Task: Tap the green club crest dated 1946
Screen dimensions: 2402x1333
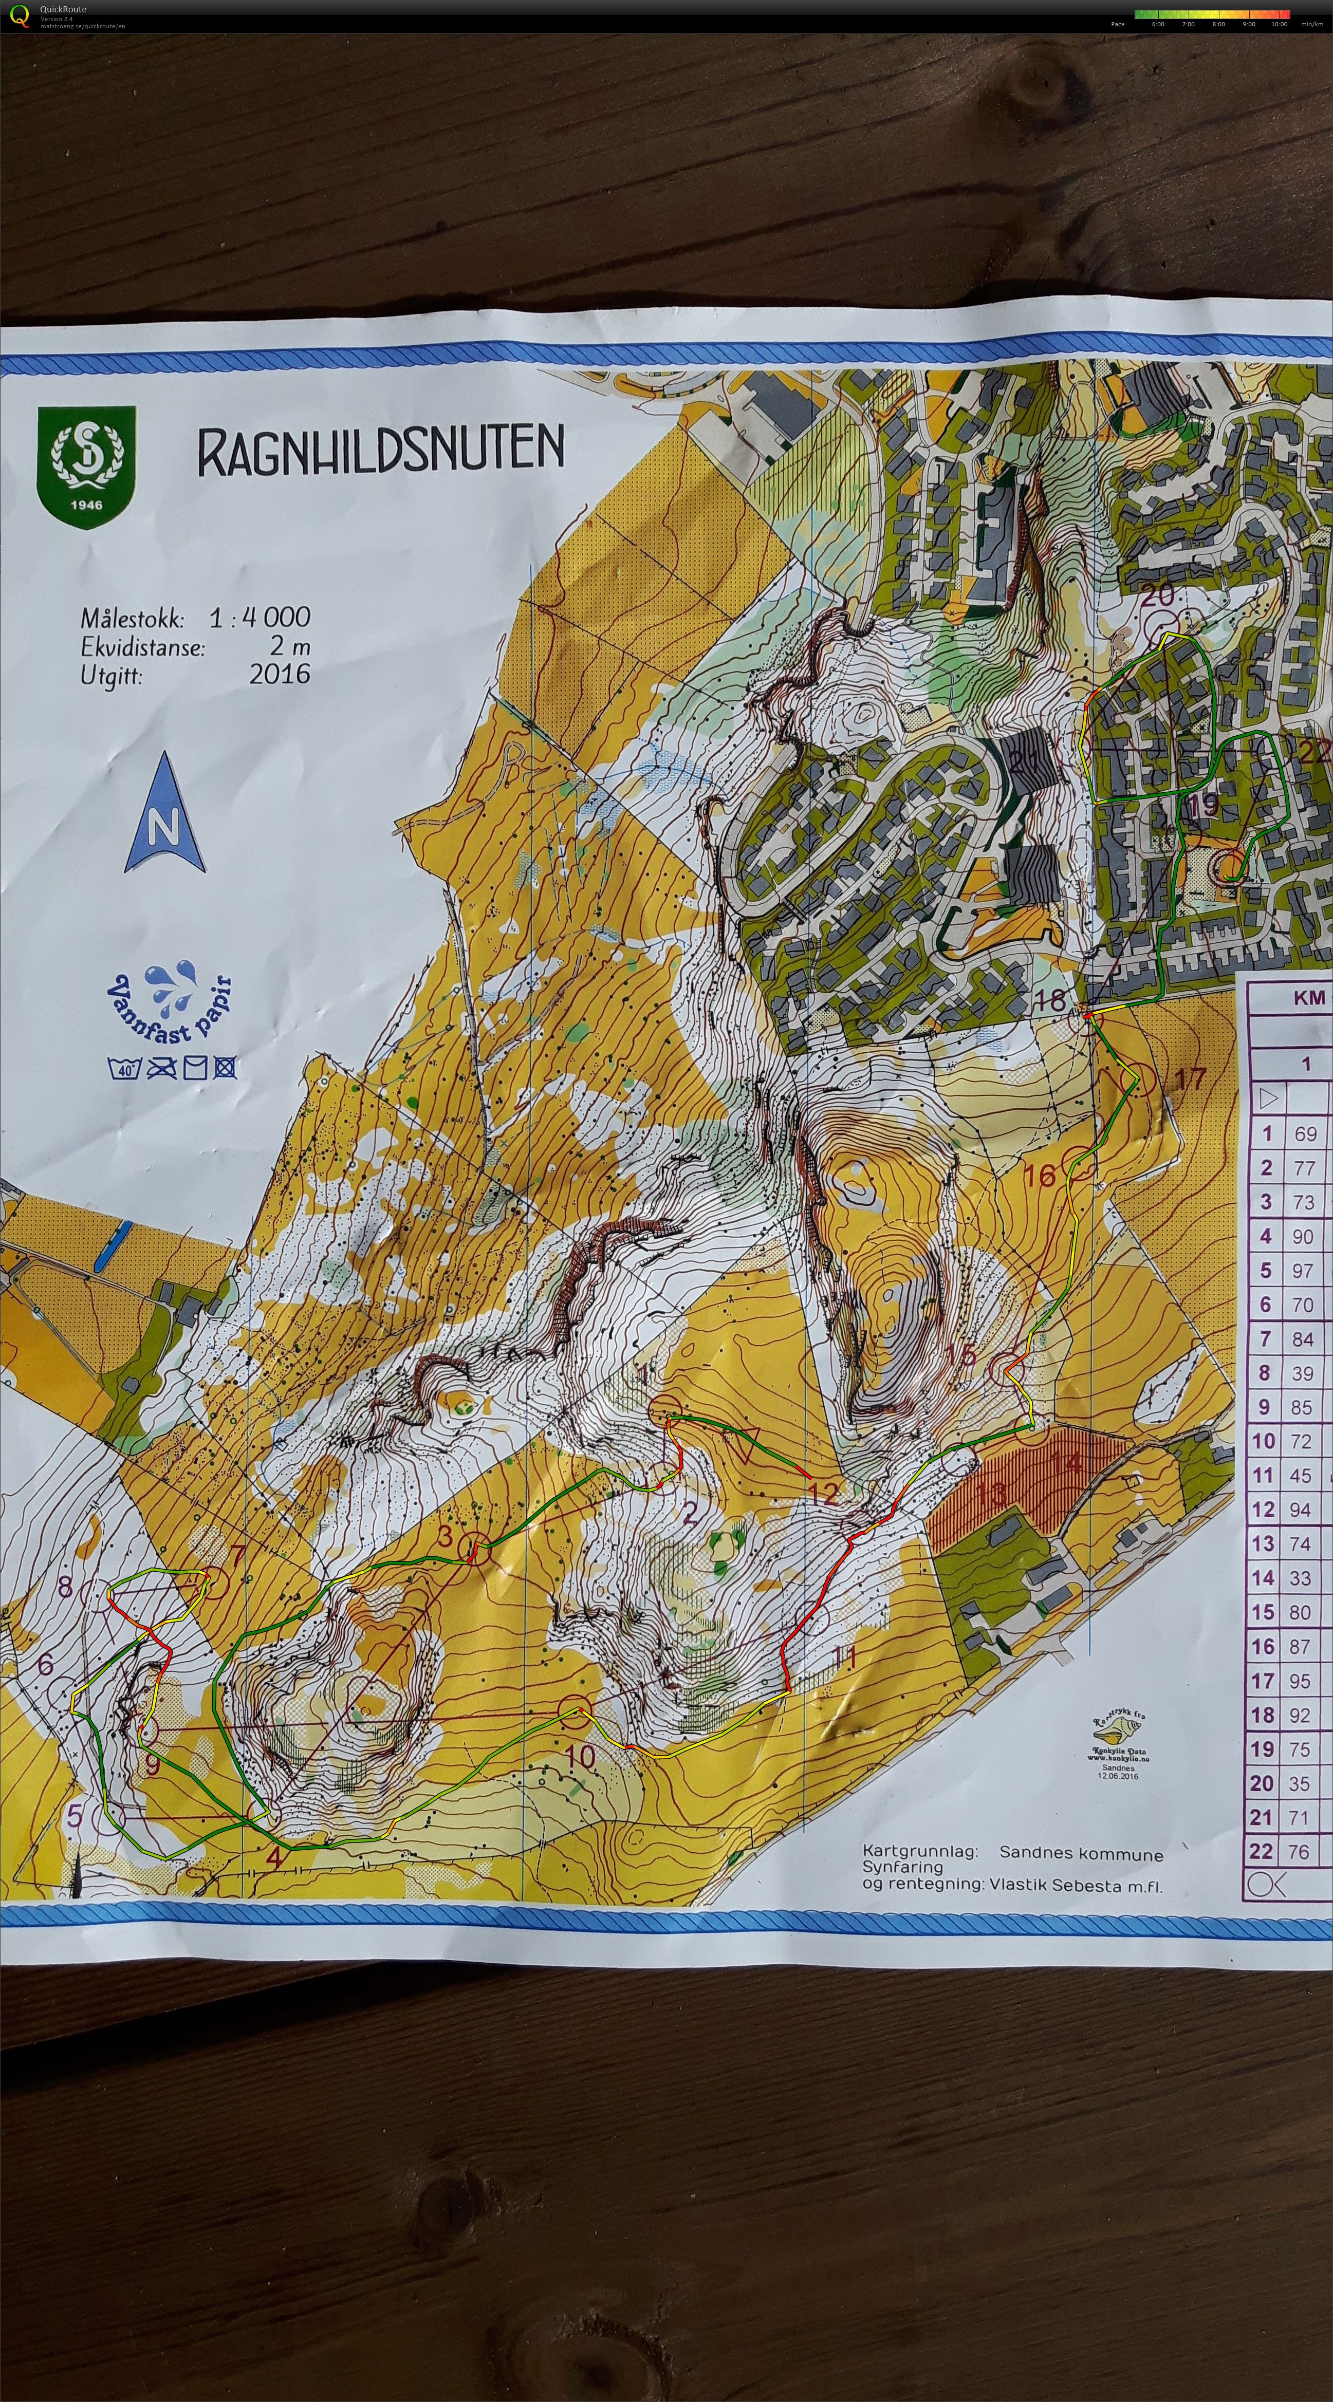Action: (x=86, y=466)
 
